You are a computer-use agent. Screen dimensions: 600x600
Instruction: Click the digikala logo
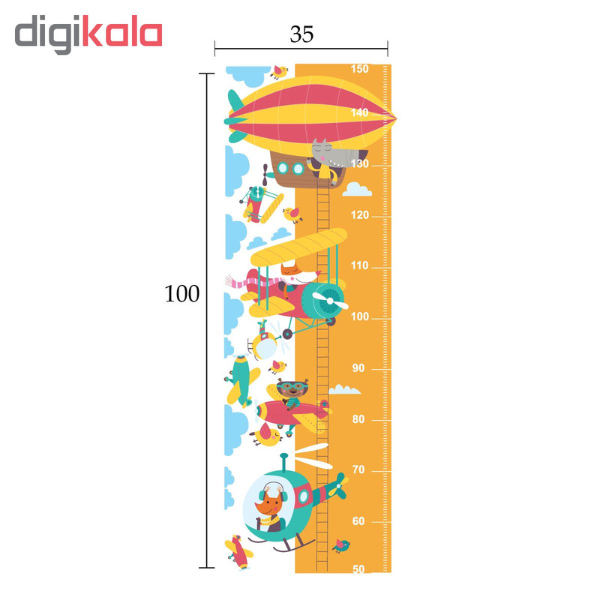88,34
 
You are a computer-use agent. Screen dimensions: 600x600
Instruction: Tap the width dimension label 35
301,34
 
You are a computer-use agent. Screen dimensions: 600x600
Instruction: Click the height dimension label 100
182,294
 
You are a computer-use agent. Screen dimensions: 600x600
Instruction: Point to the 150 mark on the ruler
359,69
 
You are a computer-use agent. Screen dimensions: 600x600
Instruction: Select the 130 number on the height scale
359,164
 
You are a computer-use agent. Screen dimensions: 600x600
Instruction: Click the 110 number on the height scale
359,265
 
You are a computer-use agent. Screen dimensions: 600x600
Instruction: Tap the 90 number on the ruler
359,367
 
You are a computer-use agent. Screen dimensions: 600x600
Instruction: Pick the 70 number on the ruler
359,469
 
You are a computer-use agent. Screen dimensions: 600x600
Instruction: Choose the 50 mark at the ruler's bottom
359,569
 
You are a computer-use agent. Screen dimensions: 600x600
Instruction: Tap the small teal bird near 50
342,544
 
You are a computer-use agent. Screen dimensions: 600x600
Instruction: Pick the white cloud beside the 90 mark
344,389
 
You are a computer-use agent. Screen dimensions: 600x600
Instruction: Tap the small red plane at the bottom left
241,551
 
